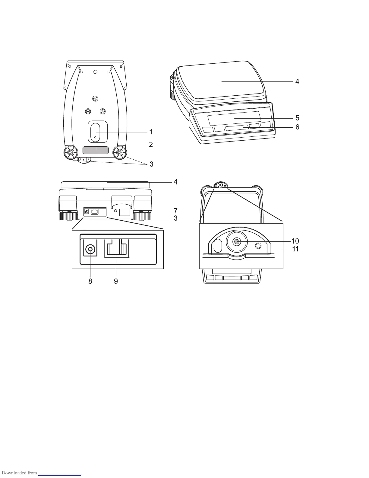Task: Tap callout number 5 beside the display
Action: tap(297, 118)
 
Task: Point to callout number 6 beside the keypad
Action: tap(297, 127)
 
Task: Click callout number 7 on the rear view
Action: tap(175, 210)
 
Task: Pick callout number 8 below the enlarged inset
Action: tap(90, 281)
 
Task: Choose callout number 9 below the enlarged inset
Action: tap(116, 281)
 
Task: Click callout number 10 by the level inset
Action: tap(295, 241)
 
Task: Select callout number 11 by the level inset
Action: tap(295, 249)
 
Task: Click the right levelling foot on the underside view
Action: tap(120, 153)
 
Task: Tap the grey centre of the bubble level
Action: tap(237, 241)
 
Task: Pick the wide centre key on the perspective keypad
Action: tap(237, 128)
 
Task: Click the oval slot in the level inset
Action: tap(217, 245)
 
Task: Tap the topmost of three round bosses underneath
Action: tap(95, 99)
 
